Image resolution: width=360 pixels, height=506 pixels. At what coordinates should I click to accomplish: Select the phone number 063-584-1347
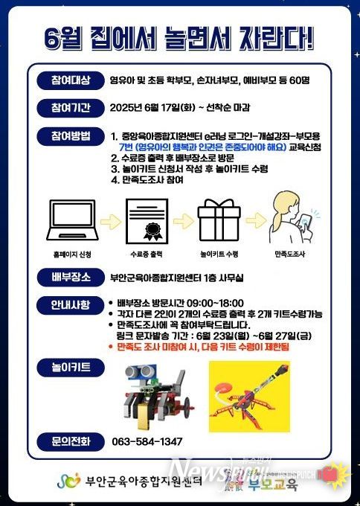click(x=146, y=442)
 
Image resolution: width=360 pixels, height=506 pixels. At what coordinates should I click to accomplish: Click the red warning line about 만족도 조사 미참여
click(x=203, y=347)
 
